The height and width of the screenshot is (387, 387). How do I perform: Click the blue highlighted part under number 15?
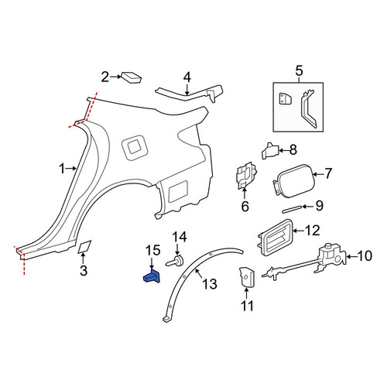click(152, 277)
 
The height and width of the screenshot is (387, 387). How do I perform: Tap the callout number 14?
click(180, 237)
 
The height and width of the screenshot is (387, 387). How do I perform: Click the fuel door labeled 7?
click(294, 180)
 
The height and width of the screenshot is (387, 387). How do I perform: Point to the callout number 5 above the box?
click(299, 70)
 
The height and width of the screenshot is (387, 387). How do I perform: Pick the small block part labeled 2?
click(132, 77)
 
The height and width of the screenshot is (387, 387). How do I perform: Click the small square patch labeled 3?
click(84, 247)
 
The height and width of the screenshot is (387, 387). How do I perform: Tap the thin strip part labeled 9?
click(293, 209)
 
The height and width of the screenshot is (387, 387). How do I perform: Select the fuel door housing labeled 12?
click(276, 237)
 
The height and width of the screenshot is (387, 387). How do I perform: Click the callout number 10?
click(365, 255)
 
